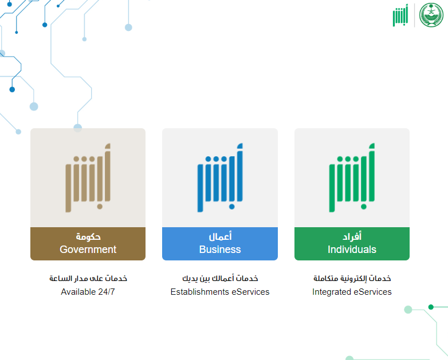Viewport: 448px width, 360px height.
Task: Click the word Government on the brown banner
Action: tap(88, 250)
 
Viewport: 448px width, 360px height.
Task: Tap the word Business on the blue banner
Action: tap(220, 250)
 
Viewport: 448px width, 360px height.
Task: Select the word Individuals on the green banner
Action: tap(352, 250)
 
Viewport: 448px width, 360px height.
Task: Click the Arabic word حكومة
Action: tap(88, 237)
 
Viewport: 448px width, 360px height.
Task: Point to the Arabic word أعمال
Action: tap(220, 236)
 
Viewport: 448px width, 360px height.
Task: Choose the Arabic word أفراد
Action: tap(352, 236)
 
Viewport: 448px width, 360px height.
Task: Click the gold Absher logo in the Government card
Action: tap(88, 177)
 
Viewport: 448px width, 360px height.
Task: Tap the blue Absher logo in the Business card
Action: tap(220, 177)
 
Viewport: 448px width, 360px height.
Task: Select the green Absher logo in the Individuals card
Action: tap(352, 177)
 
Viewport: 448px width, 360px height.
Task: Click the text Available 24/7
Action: tap(88, 292)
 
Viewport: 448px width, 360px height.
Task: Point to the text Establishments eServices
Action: tap(220, 292)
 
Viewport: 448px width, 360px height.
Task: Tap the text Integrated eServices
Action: tap(352, 292)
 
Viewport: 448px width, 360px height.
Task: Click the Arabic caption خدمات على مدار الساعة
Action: tap(88, 278)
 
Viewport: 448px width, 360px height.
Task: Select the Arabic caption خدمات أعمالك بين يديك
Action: tap(220, 278)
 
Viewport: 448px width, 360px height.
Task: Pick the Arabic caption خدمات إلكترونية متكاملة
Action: tap(352, 278)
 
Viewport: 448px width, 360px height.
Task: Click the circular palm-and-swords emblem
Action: tap(431, 15)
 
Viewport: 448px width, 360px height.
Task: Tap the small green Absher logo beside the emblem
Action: tap(400, 15)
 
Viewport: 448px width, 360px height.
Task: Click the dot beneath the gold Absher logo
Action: tap(100, 207)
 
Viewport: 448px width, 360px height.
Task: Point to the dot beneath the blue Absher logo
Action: tap(232, 207)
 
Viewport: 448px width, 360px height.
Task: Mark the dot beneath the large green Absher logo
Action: tap(364, 207)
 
